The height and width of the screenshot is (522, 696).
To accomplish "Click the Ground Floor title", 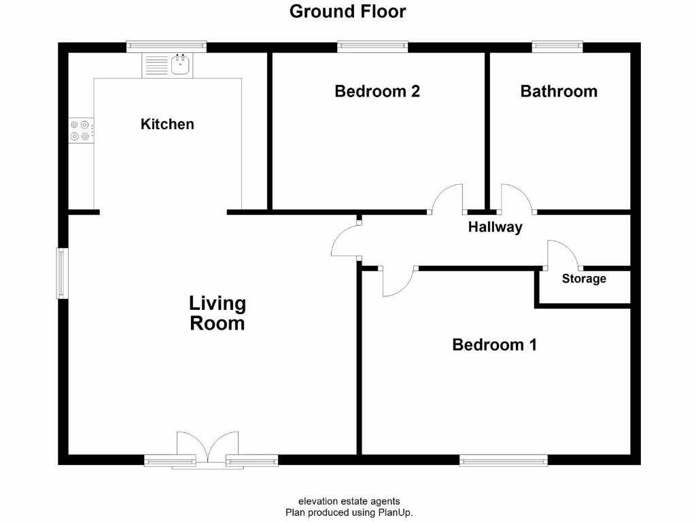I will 347,12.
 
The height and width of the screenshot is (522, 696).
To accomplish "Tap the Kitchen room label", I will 167,124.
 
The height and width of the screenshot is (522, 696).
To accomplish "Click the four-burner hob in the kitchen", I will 81,130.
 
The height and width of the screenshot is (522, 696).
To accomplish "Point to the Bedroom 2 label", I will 377,91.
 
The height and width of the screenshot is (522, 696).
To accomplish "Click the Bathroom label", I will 559,91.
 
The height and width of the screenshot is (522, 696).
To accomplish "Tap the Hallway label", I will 495,228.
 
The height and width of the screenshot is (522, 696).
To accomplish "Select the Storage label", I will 584,279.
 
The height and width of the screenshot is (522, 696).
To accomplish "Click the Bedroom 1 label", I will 494,345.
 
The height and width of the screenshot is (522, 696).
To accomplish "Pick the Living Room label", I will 217,313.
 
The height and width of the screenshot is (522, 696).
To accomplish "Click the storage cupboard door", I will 563,254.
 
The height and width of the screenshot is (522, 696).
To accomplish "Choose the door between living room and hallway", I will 345,241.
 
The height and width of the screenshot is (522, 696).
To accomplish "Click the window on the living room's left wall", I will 62,273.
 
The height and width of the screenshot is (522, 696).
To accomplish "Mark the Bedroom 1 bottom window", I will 504,461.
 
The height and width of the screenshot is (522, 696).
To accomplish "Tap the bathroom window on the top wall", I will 557,46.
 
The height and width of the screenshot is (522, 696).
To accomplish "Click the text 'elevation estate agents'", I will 349,502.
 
